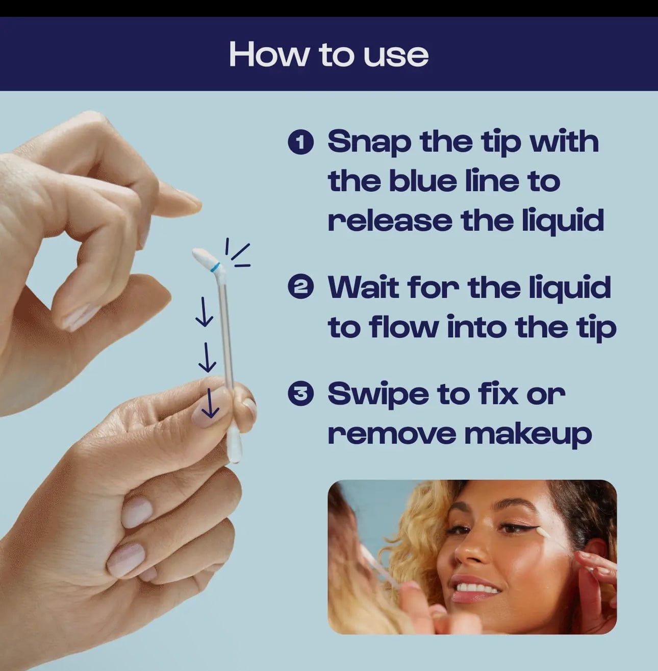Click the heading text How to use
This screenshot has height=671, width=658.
[328, 54]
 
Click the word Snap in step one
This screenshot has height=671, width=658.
[369, 142]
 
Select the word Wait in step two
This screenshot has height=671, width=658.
[363, 287]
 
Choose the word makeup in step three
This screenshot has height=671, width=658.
[528, 434]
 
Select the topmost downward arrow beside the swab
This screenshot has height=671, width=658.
[204, 312]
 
